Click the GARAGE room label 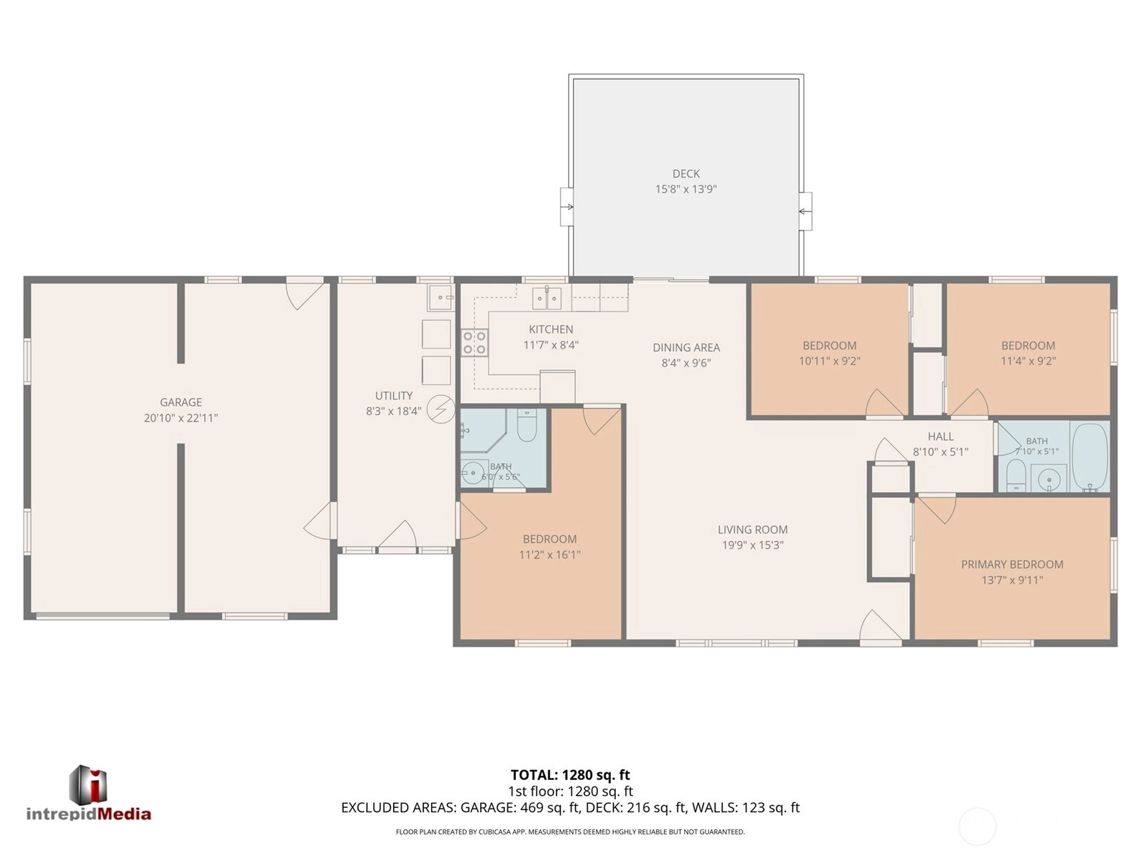181,402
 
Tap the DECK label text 686,173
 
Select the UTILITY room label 393,395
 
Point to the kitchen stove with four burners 475,343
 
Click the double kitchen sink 547,298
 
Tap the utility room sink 440,297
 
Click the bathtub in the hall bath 1090,456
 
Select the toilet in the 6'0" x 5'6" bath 527,425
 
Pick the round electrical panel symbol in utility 441,409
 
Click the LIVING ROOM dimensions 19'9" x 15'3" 752,545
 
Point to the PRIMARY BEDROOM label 1012,564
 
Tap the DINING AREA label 686,347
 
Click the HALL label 940,436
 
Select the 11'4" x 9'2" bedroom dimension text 1028,361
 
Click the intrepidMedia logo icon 88,785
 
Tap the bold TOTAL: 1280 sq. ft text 569,775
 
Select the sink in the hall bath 1049,478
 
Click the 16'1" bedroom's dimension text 549,554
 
